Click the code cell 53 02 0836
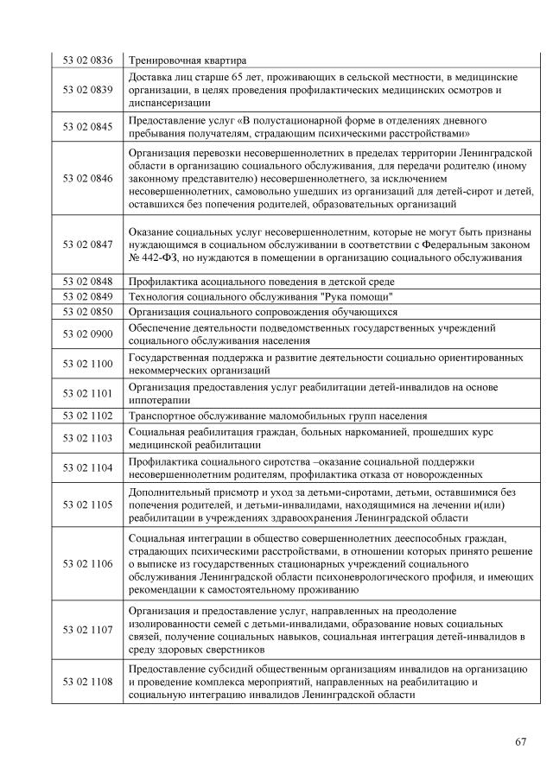(87, 60)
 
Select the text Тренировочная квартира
(188, 60)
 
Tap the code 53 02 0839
(87, 89)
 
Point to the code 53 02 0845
(87, 126)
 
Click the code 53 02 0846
(87, 178)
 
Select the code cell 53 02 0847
(87, 244)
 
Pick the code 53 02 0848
(87, 282)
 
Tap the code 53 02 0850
(87, 311)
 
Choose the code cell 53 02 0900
(87, 333)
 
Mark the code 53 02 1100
(87, 364)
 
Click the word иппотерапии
(160, 400)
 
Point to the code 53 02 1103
(87, 438)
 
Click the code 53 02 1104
(87, 467)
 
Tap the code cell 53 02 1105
(87, 505)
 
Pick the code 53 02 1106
(87, 563)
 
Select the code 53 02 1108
(87, 682)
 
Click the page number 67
(519, 741)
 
